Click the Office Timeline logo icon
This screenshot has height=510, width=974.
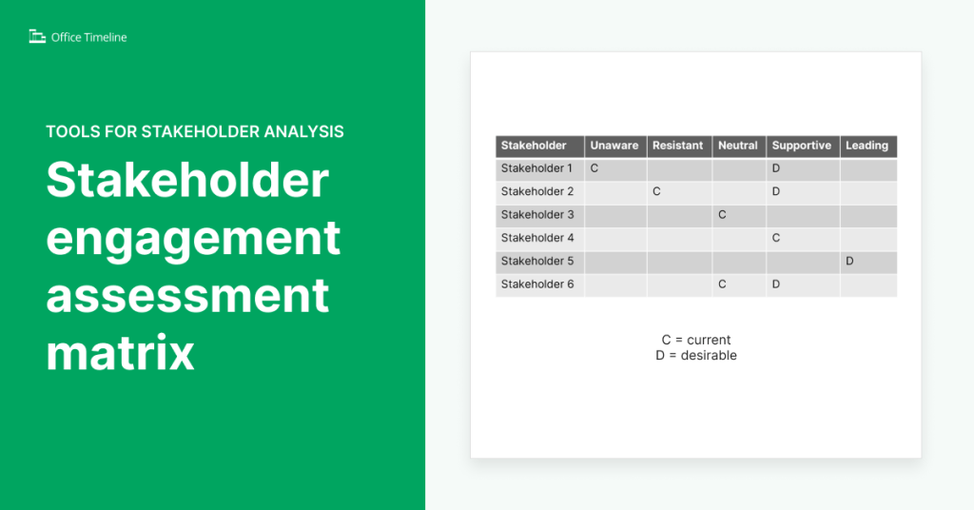tap(37, 37)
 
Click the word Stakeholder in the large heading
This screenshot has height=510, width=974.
tap(187, 181)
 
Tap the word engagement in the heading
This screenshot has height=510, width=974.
tap(193, 238)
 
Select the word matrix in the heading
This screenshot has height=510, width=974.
tap(121, 354)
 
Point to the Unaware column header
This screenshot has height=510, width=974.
tap(614, 146)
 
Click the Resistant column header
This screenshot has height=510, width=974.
tap(678, 146)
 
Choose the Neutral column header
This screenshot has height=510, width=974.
tap(738, 146)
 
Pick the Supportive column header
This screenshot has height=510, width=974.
tap(802, 146)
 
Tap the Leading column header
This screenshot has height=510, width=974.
tap(867, 146)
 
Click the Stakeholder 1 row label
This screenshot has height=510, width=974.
tap(537, 168)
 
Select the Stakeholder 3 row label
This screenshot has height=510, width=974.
tap(537, 215)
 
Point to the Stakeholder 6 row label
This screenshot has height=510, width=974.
tap(537, 284)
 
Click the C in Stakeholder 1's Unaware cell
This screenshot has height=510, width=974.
tap(594, 168)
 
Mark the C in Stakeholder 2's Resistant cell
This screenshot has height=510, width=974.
tap(656, 191)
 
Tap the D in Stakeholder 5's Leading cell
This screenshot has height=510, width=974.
tap(849, 261)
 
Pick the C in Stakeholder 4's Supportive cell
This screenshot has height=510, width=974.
tap(776, 238)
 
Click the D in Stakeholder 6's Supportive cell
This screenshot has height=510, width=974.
tap(776, 284)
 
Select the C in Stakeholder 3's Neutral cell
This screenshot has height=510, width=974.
tap(722, 215)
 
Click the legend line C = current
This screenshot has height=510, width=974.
tap(696, 340)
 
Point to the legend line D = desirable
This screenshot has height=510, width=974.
tap(696, 356)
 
